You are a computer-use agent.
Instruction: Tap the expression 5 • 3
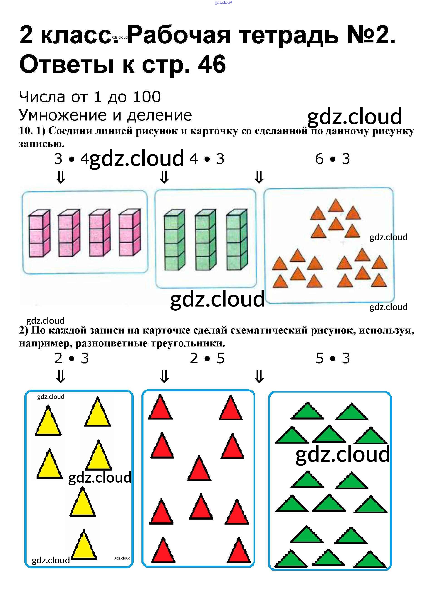[x=333, y=358]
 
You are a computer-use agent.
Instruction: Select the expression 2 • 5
[x=207, y=358]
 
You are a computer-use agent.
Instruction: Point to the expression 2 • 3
[x=72, y=358]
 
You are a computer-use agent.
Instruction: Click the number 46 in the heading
[x=212, y=64]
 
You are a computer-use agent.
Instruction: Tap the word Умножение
[x=63, y=115]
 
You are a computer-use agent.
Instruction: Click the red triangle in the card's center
[x=199, y=469]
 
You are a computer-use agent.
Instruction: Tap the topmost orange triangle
[x=336, y=206]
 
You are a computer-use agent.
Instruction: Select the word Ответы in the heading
[x=67, y=64]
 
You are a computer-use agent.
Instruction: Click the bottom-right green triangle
[x=370, y=560]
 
